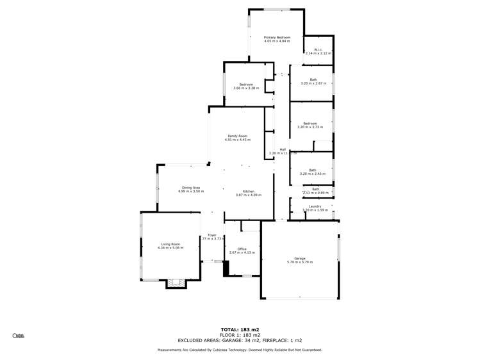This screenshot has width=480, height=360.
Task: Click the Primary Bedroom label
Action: click(277, 38)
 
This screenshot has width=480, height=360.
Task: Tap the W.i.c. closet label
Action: click(317, 49)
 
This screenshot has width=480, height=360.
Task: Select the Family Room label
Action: click(237, 136)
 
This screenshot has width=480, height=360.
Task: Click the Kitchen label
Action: click(249, 191)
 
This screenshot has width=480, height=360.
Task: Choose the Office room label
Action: click(242, 249)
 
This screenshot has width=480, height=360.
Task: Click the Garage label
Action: click(299, 258)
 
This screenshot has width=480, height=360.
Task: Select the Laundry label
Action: click(315, 206)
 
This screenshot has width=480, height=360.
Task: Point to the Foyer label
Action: click(211, 235)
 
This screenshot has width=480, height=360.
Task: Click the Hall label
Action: click(282, 149)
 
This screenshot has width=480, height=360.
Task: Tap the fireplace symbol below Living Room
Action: click(176, 282)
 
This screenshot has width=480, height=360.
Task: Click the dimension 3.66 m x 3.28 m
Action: click(246, 88)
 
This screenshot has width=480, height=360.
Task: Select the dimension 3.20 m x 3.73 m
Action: click(310, 127)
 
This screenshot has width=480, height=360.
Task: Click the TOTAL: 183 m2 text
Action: click(240, 329)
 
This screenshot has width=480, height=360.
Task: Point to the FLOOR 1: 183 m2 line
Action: click(240, 334)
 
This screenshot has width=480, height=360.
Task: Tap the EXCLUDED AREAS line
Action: click(240, 340)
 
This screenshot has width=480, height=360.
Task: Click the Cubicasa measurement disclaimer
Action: click(240, 350)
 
